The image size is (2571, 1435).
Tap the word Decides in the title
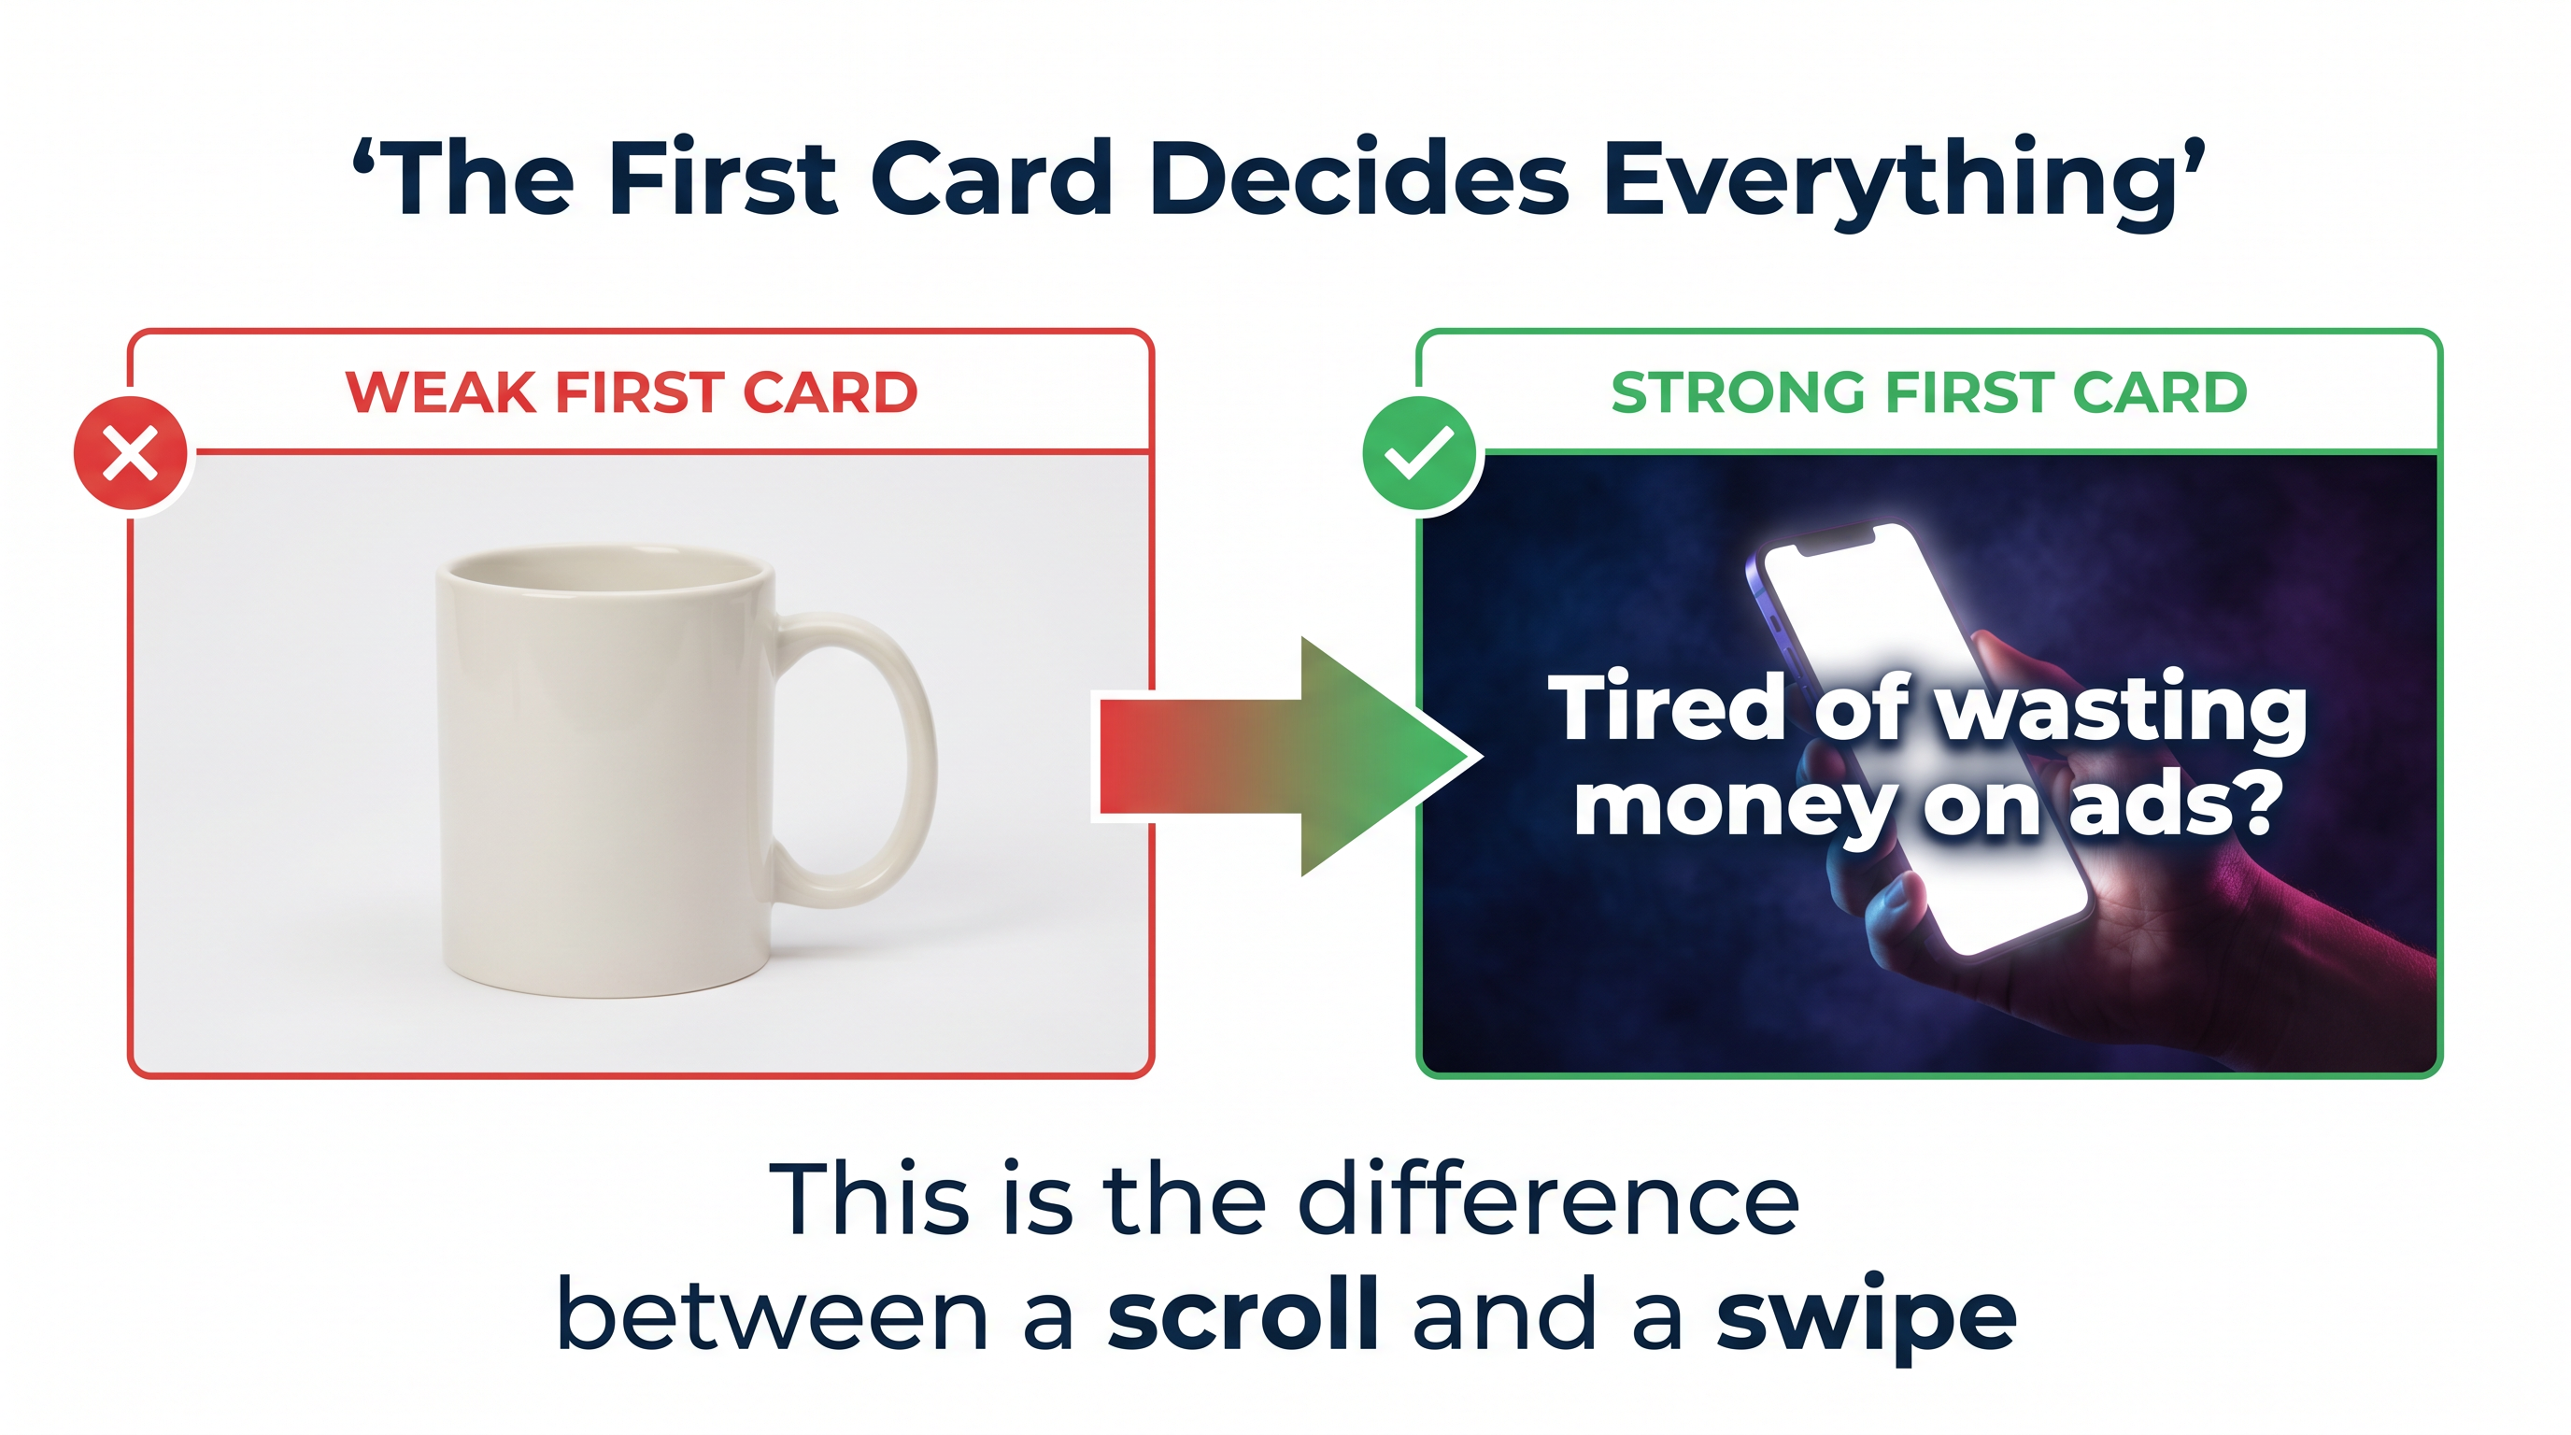(1358, 179)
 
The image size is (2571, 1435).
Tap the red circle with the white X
(131, 453)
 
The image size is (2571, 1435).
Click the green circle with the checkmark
(1418, 453)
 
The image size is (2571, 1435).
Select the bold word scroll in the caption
(1243, 1315)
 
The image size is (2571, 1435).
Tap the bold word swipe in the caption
(1866, 1315)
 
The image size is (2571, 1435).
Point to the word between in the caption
(773, 1315)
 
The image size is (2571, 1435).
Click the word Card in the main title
(990, 179)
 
